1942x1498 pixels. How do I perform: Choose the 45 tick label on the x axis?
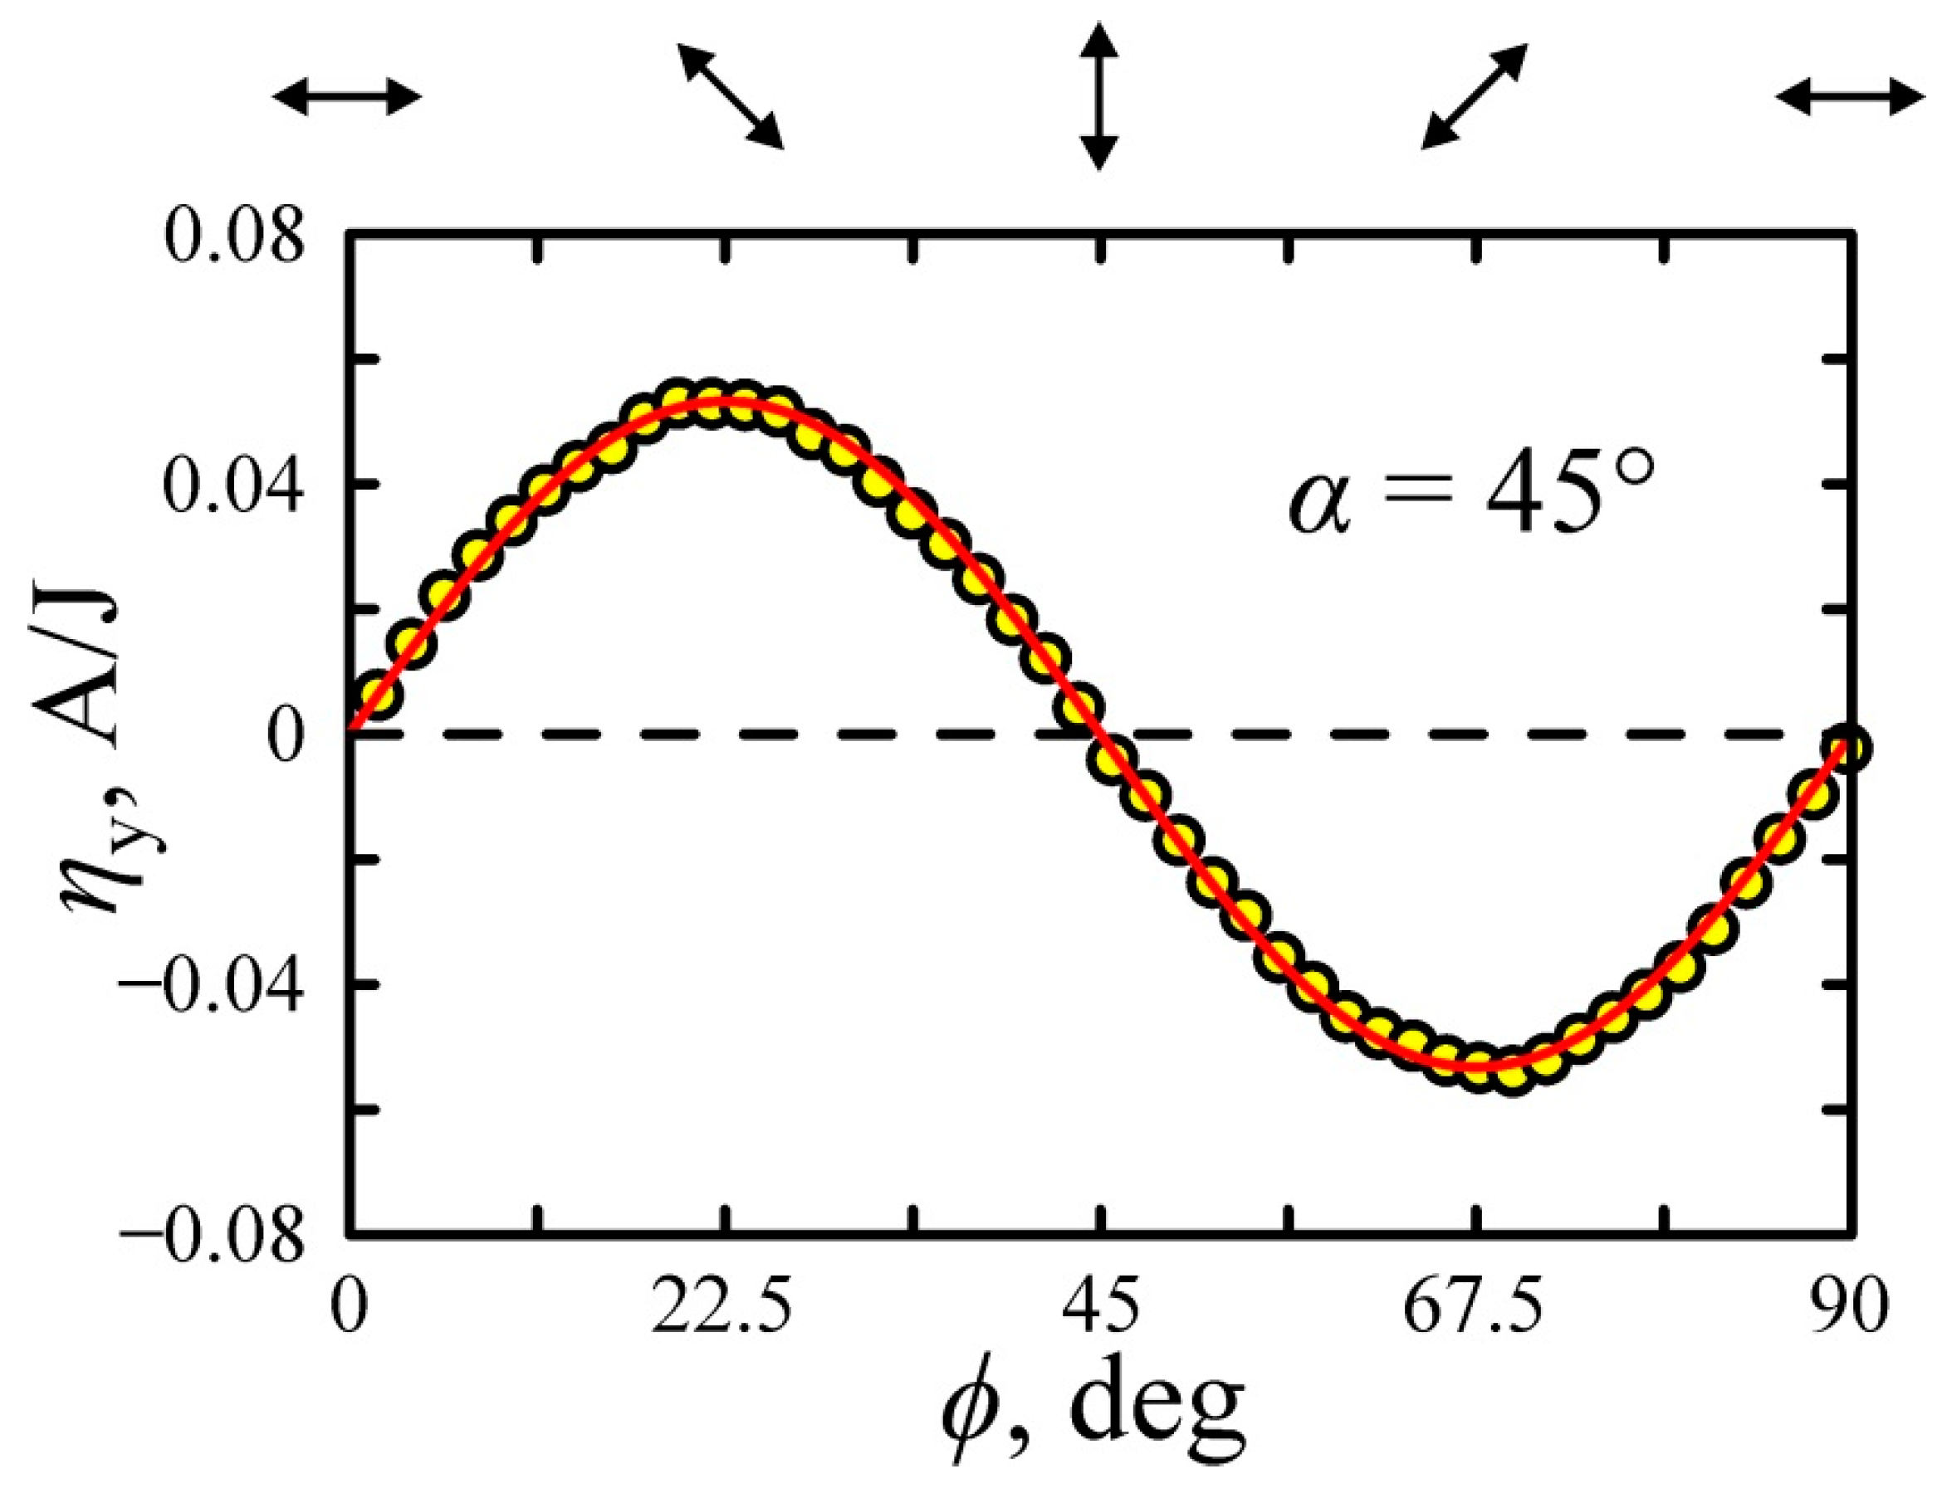1100,1309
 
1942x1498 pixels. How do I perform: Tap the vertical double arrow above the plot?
1100,96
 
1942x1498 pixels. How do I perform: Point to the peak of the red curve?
725,400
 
